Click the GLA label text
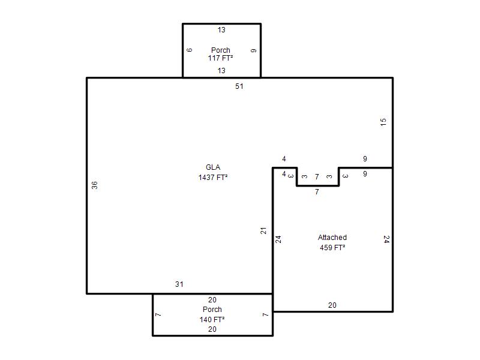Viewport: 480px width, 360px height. (x=213, y=167)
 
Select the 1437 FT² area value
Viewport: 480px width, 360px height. (x=213, y=177)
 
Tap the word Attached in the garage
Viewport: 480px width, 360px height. (x=332, y=237)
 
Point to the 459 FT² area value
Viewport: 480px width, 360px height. (x=332, y=247)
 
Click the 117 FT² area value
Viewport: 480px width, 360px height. (x=220, y=58)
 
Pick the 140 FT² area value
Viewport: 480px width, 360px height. (x=212, y=320)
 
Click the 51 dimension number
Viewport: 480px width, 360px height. (x=239, y=86)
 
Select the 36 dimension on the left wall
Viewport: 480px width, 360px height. (x=95, y=185)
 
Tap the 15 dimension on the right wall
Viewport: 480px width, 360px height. (x=383, y=122)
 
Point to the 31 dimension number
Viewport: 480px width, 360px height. (x=179, y=284)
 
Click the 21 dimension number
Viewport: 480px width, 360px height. (x=263, y=231)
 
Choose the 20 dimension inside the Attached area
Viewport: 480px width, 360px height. (x=332, y=305)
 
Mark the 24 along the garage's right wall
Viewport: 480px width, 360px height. (x=386, y=239)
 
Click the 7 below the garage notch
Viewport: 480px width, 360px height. (x=317, y=192)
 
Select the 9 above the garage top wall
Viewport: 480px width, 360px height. (x=365, y=158)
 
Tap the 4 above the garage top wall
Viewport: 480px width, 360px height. (x=284, y=158)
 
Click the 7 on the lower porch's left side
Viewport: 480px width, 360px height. (x=158, y=314)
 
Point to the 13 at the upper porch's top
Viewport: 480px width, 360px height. (x=221, y=29)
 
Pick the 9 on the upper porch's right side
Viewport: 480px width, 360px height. (x=253, y=50)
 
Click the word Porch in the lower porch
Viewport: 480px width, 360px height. (x=212, y=309)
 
